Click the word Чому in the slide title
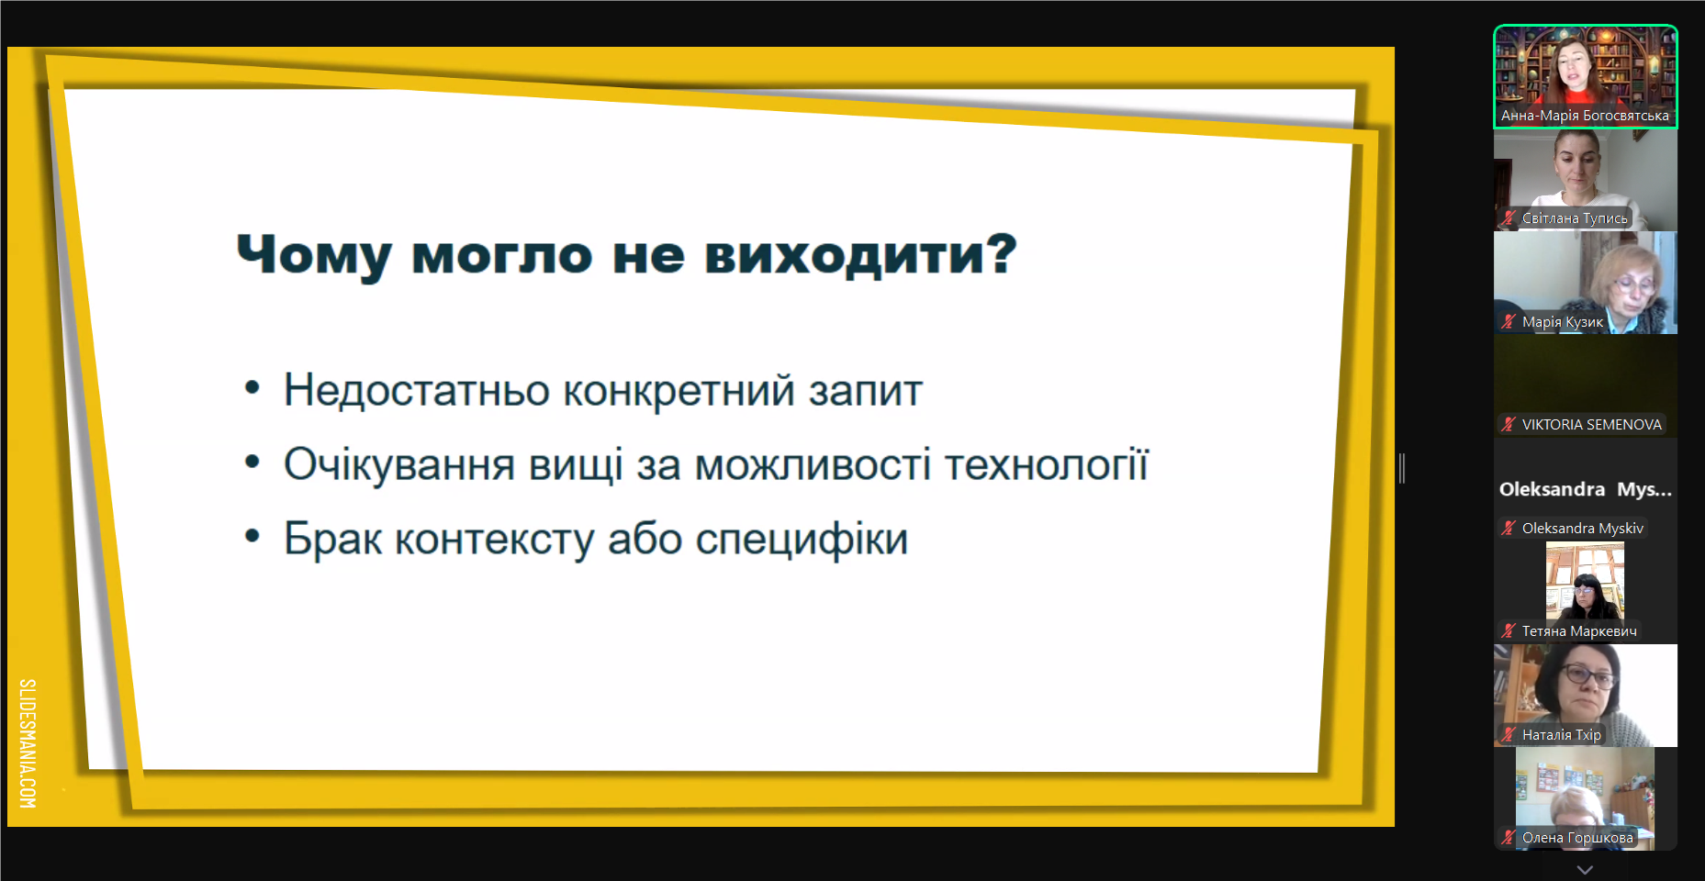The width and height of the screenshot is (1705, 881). [314, 255]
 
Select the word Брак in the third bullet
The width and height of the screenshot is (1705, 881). [332, 540]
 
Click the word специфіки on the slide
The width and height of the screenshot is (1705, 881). [802, 540]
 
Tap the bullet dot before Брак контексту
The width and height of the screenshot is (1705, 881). [252, 535]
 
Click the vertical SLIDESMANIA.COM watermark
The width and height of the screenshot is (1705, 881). [28, 743]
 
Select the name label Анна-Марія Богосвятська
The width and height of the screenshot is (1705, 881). [1585, 116]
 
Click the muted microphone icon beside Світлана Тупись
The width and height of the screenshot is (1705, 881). [1509, 218]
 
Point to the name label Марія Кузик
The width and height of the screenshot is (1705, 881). [1563, 322]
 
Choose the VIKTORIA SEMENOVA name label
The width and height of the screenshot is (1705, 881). [1592, 425]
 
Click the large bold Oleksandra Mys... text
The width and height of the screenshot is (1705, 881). [1586, 489]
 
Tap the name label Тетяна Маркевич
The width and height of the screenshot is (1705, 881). [1579, 631]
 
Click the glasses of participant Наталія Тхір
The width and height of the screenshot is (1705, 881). [1589, 677]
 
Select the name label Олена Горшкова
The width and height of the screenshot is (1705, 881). [1577, 838]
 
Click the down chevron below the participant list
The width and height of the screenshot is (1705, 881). [1585, 868]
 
